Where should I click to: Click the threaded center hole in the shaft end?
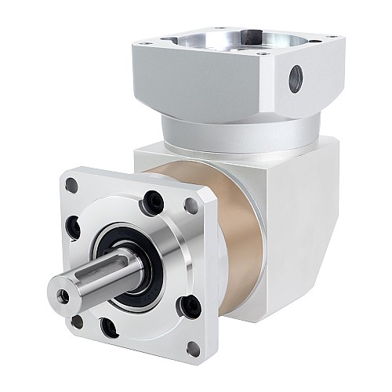pos(64,296)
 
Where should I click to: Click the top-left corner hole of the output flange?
pos(71,186)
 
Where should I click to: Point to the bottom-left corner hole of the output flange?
pos(77,321)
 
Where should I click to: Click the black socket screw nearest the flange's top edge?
pos(151,203)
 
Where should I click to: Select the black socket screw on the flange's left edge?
pos(74,228)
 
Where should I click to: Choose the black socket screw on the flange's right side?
pos(190,305)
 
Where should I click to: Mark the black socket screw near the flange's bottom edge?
pos(111,328)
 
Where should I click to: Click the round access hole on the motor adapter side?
pos(296,78)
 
